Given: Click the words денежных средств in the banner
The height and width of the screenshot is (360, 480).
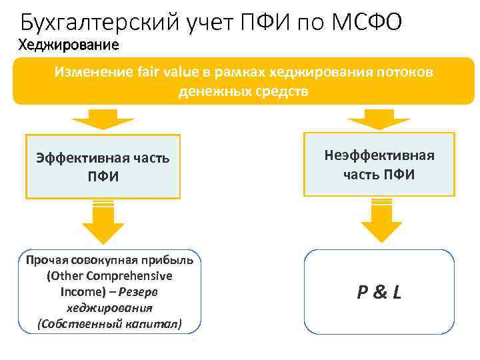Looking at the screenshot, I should [243, 91].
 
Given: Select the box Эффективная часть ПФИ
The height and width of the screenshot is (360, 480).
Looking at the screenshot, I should [103, 167].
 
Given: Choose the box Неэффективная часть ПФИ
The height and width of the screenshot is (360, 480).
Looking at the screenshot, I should [379, 165].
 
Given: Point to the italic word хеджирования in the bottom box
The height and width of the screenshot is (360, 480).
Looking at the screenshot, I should [110, 308].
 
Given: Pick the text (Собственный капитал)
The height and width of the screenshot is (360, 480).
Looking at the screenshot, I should [110, 324].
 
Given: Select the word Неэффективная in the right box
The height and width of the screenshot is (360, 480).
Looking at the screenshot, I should [379, 156].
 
